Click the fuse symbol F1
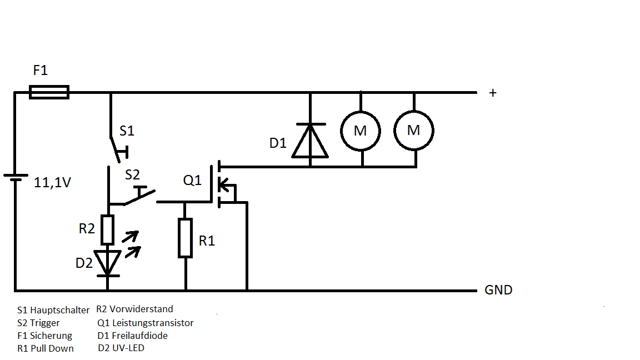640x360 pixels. point(49,92)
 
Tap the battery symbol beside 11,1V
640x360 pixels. point(16,177)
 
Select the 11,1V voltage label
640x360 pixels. point(53,183)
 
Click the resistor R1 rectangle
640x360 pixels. point(186,238)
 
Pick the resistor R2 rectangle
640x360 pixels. point(107,230)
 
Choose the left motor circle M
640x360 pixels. point(361,131)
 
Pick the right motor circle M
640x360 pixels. point(414,131)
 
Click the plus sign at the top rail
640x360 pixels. point(492,93)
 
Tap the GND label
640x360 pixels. point(498,290)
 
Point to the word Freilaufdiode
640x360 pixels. point(139,336)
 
